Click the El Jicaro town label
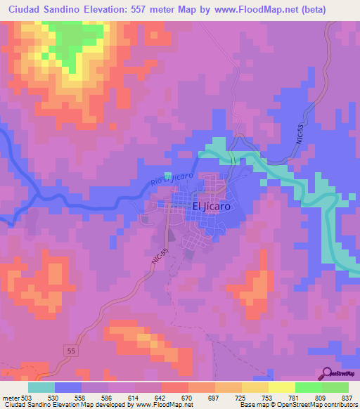click(212, 207)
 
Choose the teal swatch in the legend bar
click(41, 387)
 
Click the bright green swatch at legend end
click(335, 387)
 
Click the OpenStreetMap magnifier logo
click(328, 372)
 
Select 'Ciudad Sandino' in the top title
click(42, 9)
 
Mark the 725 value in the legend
click(223, 397)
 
